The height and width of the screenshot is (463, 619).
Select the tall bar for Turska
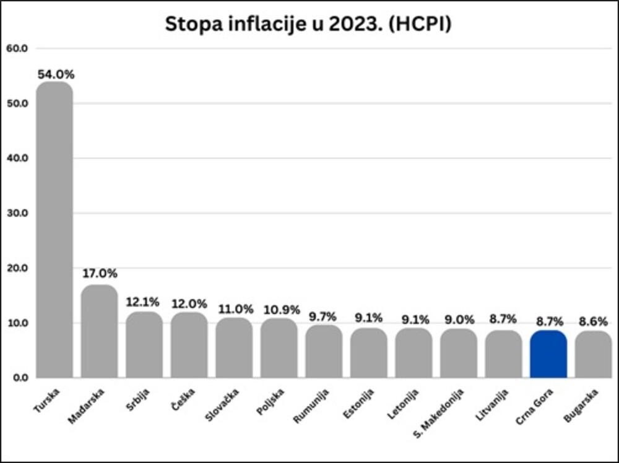click(x=54, y=229)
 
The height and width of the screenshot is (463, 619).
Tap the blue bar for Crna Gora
click(x=548, y=354)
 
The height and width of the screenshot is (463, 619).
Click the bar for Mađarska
click(x=99, y=331)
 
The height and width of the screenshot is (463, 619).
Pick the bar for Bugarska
click(x=593, y=354)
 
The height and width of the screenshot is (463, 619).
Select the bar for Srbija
click(x=144, y=344)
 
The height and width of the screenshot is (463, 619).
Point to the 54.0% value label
click(x=56, y=74)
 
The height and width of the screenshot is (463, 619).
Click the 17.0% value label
click(x=100, y=273)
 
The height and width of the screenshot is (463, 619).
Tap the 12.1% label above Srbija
click(x=143, y=302)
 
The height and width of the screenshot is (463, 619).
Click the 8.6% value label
click(x=593, y=321)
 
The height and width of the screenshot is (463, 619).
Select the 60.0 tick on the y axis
click(x=16, y=48)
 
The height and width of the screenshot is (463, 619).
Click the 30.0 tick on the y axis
click(x=16, y=213)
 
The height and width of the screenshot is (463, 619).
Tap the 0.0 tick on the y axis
click(x=18, y=378)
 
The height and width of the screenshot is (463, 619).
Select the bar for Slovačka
click(x=234, y=347)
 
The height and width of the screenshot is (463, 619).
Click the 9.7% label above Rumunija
click(x=324, y=316)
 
